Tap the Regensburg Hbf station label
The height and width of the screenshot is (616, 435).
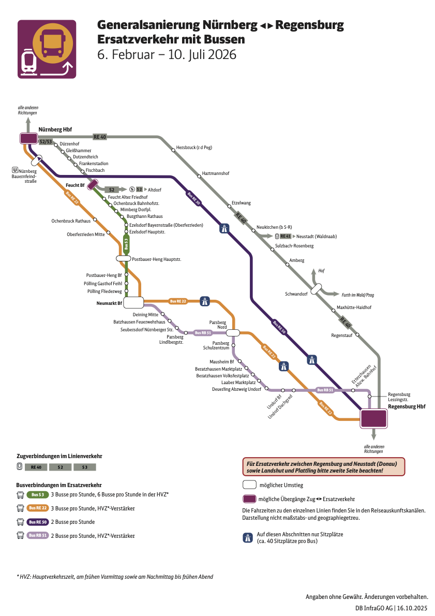[x=407, y=407]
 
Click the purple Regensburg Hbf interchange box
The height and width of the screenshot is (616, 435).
[x=373, y=418]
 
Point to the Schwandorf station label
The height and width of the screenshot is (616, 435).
[x=296, y=294]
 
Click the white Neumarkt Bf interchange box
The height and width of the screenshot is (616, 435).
[x=133, y=303]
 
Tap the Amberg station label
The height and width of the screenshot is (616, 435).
[x=297, y=260]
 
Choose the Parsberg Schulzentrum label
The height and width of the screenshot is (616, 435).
[x=221, y=346]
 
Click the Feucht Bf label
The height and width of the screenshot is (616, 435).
[x=75, y=185]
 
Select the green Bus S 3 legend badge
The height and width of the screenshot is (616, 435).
[x=37, y=495]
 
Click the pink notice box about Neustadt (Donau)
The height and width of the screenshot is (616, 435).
[x=323, y=466]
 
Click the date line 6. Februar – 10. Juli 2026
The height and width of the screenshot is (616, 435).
[x=167, y=54]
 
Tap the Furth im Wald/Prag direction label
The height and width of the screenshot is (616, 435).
[x=357, y=295]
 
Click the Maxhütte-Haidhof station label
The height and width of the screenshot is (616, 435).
[x=354, y=307]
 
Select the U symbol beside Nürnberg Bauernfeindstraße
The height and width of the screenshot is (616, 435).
[x=16, y=169]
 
